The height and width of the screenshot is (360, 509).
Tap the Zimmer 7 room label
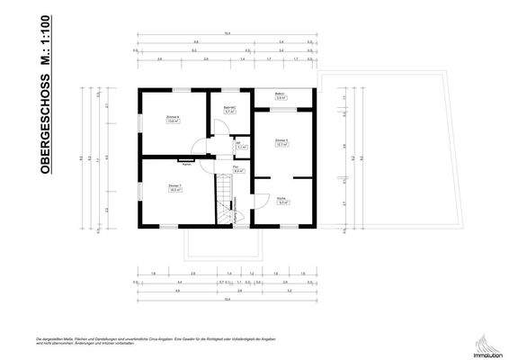(175, 185)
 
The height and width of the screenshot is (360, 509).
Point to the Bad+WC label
(229, 109)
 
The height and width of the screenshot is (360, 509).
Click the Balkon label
(281, 95)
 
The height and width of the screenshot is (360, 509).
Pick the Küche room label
(281, 198)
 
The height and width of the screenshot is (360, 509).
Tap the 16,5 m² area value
(175, 190)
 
